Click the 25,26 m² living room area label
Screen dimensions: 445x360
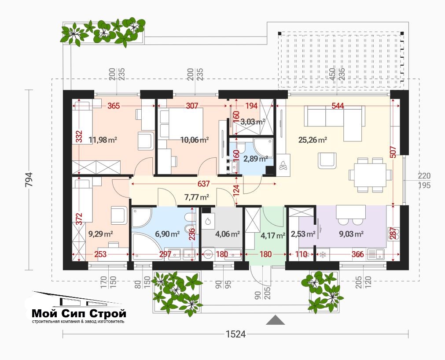(x=313, y=140)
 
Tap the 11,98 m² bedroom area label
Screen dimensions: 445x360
(x=103, y=140)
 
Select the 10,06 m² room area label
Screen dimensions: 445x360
(x=195, y=140)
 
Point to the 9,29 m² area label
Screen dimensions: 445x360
(x=101, y=234)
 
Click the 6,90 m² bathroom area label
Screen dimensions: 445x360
(x=167, y=234)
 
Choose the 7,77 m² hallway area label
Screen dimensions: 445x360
(x=197, y=197)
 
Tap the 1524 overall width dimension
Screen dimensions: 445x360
(x=235, y=334)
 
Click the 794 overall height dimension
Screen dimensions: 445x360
(x=29, y=180)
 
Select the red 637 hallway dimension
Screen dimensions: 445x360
(x=203, y=184)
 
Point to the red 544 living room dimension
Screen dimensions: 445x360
(x=338, y=106)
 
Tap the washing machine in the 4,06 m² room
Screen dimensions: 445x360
(x=209, y=255)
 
